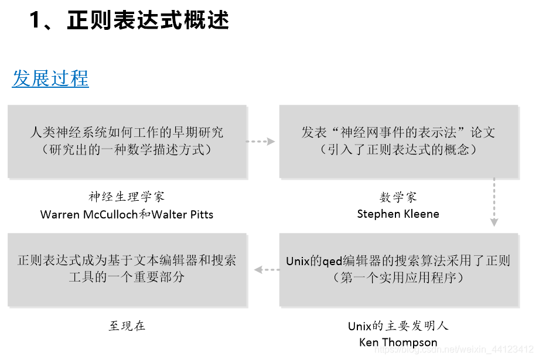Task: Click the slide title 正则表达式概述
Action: pos(148,20)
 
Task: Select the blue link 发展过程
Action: pos(50,78)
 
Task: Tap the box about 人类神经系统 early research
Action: pos(127,142)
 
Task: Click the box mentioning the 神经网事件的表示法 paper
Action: pos(398,142)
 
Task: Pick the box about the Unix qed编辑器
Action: pos(398,270)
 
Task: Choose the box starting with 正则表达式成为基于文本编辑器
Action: pos(127,270)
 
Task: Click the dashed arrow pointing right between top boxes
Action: pos(261,142)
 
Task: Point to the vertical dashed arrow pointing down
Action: pos(494,202)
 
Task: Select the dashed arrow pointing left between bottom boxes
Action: pos(267,270)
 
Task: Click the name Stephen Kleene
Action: pos(398,214)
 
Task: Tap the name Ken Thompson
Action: pos(398,342)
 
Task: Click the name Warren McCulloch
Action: pos(89,215)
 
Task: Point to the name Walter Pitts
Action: pos(182,215)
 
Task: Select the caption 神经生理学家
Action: pos(127,197)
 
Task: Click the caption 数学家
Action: pos(398,197)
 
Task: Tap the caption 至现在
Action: pos(127,325)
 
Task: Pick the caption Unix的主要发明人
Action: pos(398,325)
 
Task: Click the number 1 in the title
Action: pos(35,20)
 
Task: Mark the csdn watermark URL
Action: pos(453,349)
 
